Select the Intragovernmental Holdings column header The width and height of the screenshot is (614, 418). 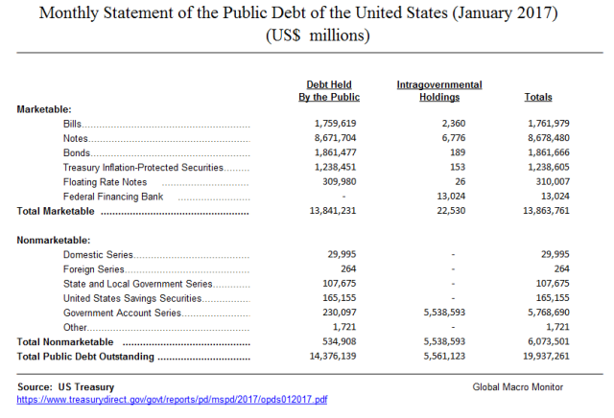pyautogui.click(x=439, y=91)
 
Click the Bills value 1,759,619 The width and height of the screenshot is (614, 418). pyautogui.click(x=336, y=125)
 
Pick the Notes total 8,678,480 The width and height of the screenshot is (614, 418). pyautogui.click(x=549, y=139)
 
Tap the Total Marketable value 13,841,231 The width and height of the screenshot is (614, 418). pyautogui.click(x=333, y=211)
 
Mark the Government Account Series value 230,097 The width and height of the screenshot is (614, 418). pyautogui.click(x=336, y=313)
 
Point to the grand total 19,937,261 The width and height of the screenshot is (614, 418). pyautogui.click(x=546, y=357)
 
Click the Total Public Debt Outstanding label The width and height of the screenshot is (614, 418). pyautogui.click(x=86, y=357)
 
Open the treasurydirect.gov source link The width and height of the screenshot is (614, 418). pyautogui.click(x=173, y=399)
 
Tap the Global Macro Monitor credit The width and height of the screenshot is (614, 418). pyautogui.click(x=518, y=386)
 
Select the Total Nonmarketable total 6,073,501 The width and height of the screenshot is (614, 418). pyautogui.click(x=549, y=341)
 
